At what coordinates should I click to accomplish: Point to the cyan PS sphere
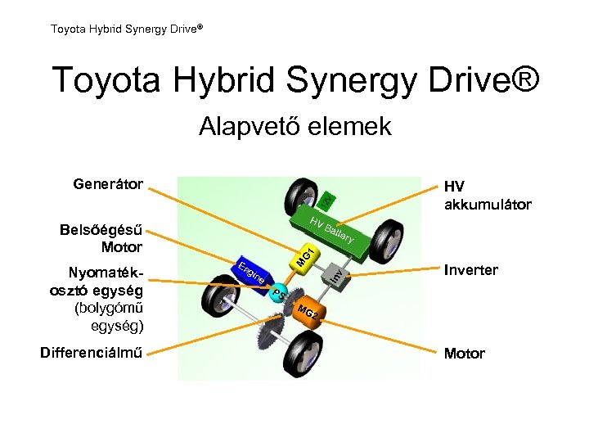pyautogui.click(x=278, y=293)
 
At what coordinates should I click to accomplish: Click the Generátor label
pyautogui.click(x=108, y=183)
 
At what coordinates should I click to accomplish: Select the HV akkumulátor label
pyautogui.click(x=487, y=196)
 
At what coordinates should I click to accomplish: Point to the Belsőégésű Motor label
pyautogui.click(x=101, y=238)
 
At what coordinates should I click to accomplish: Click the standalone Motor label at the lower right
pyautogui.click(x=464, y=354)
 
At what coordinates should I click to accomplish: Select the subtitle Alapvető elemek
pyautogui.click(x=294, y=127)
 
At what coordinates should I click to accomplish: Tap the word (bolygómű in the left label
pyautogui.click(x=108, y=309)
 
